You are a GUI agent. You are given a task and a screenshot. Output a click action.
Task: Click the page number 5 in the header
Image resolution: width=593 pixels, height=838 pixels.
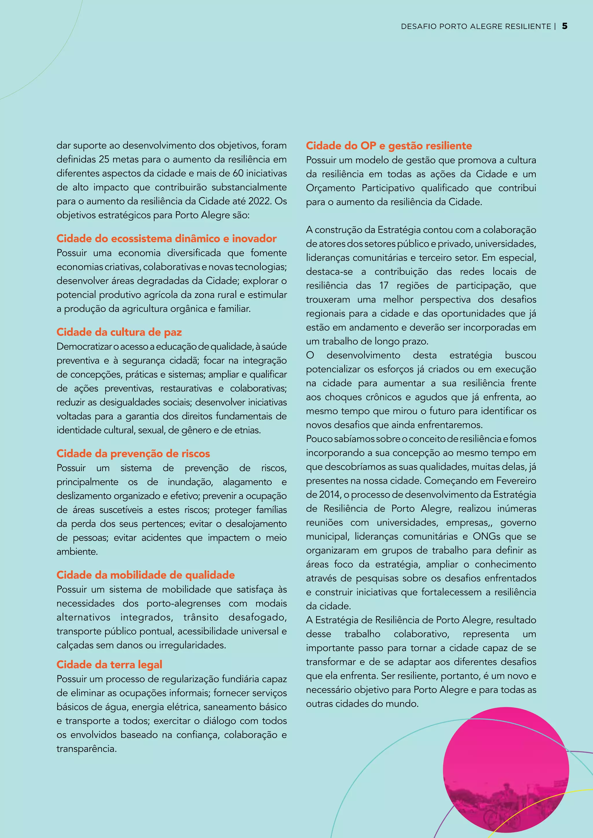pos(565,26)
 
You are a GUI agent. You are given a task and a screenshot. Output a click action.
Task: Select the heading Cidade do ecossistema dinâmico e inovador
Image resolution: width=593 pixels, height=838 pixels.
pos(166,239)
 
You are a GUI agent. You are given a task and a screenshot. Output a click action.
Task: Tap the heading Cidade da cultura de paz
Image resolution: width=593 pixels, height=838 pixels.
pos(119,332)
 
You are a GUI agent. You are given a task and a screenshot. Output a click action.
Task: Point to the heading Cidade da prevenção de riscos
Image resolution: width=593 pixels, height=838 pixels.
pos(133,454)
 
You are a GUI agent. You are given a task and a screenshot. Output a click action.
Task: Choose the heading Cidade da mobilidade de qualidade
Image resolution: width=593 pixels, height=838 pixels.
pos(145,575)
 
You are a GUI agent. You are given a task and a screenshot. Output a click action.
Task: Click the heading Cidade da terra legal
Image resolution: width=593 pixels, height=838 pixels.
pos(109,665)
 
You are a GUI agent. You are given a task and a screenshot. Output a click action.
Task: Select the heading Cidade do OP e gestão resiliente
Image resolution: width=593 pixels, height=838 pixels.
pos(389,146)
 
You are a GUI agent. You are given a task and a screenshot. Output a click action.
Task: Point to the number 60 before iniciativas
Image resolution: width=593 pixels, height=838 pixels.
pos(238,173)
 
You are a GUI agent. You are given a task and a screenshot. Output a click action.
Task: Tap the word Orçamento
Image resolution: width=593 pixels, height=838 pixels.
pos(330,188)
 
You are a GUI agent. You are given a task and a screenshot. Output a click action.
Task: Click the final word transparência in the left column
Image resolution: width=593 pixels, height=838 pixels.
pos(86,749)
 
